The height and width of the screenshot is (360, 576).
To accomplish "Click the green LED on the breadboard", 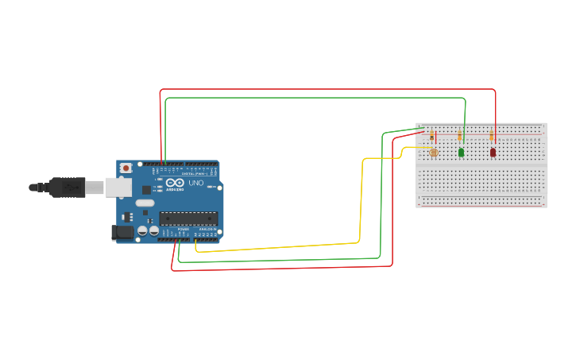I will tap(461, 152).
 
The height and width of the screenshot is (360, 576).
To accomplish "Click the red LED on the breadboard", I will tap(493, 152).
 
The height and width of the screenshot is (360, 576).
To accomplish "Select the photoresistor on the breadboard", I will tap(433, 152).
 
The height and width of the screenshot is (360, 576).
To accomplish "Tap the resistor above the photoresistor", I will tap(431, 136).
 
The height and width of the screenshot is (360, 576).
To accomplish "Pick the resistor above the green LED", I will tap(459, 136).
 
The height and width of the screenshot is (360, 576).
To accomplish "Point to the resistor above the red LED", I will tap(491, 136).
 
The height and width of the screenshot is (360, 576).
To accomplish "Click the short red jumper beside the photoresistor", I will tap(436, 137).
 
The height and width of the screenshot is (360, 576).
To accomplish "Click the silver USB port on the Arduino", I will tap(118, 187).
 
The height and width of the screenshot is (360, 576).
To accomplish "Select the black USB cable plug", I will tap(68, 188).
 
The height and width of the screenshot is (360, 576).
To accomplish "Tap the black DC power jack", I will tap(122, 232).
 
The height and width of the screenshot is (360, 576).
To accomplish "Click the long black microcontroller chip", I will tap(188, 219).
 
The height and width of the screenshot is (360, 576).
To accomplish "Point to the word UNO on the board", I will tap(195, 183).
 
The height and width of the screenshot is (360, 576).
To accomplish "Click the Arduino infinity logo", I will tap(175, 183).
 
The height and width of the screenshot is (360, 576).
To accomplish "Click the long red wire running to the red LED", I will tap(318, 89).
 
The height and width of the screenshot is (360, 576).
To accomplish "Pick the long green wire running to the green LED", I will tap(318, 98).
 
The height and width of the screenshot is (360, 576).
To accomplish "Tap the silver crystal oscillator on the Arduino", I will tap(145, 203).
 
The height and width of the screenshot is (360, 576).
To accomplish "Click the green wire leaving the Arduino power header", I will tap(278, 260).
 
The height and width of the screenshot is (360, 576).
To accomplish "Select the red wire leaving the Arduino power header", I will tap(278, 268).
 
